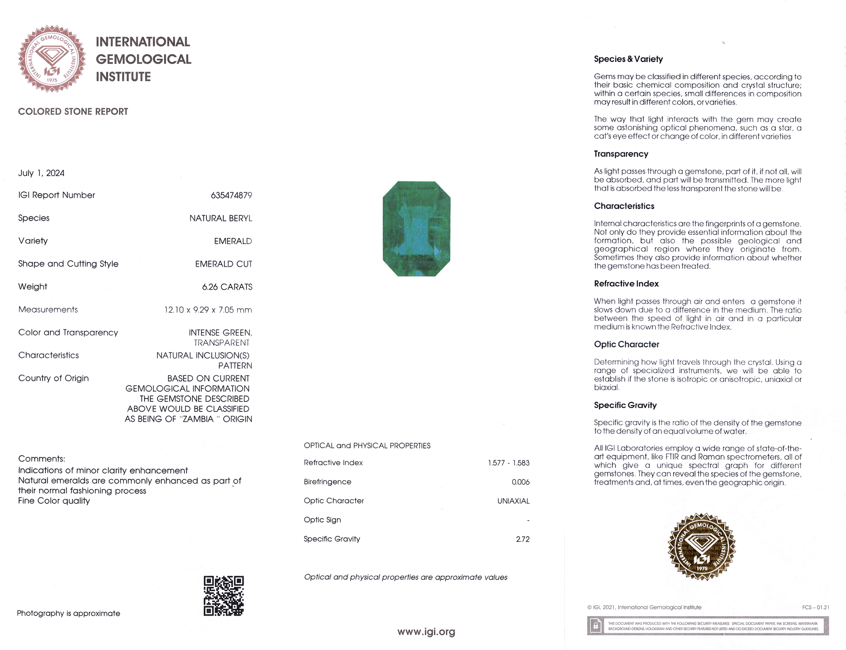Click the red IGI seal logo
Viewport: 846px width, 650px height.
52,59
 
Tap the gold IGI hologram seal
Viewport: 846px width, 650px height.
702,546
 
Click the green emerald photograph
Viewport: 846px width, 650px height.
417,229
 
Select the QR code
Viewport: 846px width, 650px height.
224,595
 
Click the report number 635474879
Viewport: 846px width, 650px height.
231,195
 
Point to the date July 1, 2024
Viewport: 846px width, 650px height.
41,173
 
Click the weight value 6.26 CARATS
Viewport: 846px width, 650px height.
227,287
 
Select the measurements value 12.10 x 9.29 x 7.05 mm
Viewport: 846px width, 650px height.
208,310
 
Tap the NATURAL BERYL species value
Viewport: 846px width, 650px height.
221,218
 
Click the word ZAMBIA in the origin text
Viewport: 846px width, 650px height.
198,419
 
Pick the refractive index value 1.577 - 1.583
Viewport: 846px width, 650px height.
508,463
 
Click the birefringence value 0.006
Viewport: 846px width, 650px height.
520,482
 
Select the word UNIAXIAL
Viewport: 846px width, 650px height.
513,501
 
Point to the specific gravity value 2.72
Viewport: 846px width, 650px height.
522,539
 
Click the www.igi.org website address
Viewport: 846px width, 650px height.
426,631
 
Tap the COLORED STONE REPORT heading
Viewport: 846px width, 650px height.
73,112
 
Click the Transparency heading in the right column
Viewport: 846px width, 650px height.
621,154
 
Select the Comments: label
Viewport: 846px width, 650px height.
41,459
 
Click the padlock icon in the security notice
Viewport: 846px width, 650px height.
596,625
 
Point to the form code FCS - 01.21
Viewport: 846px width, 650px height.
815,607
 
